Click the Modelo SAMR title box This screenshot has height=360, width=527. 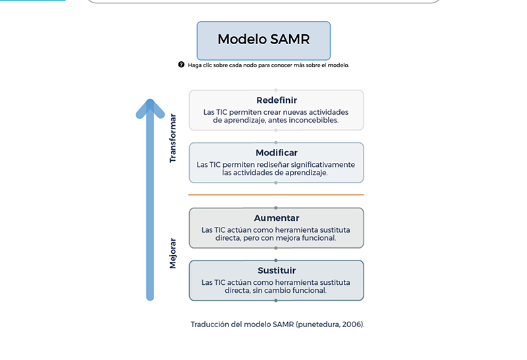[263, 41]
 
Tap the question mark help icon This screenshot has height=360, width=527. [181, 65]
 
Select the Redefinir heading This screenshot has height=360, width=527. [277, 100]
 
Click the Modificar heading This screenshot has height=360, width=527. [277, 153]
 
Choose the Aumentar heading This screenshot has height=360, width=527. [277, 218]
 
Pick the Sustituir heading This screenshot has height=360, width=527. [277, 270]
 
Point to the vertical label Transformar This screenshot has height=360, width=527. [173, 138]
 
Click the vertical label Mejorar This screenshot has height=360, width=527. [173, 253]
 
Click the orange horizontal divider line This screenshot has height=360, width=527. [276, 195]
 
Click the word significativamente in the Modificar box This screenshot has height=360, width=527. [323, 165]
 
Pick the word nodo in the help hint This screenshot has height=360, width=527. [250, 65]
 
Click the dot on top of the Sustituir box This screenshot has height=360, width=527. [276, 260]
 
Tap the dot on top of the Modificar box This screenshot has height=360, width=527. [276, 142]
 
